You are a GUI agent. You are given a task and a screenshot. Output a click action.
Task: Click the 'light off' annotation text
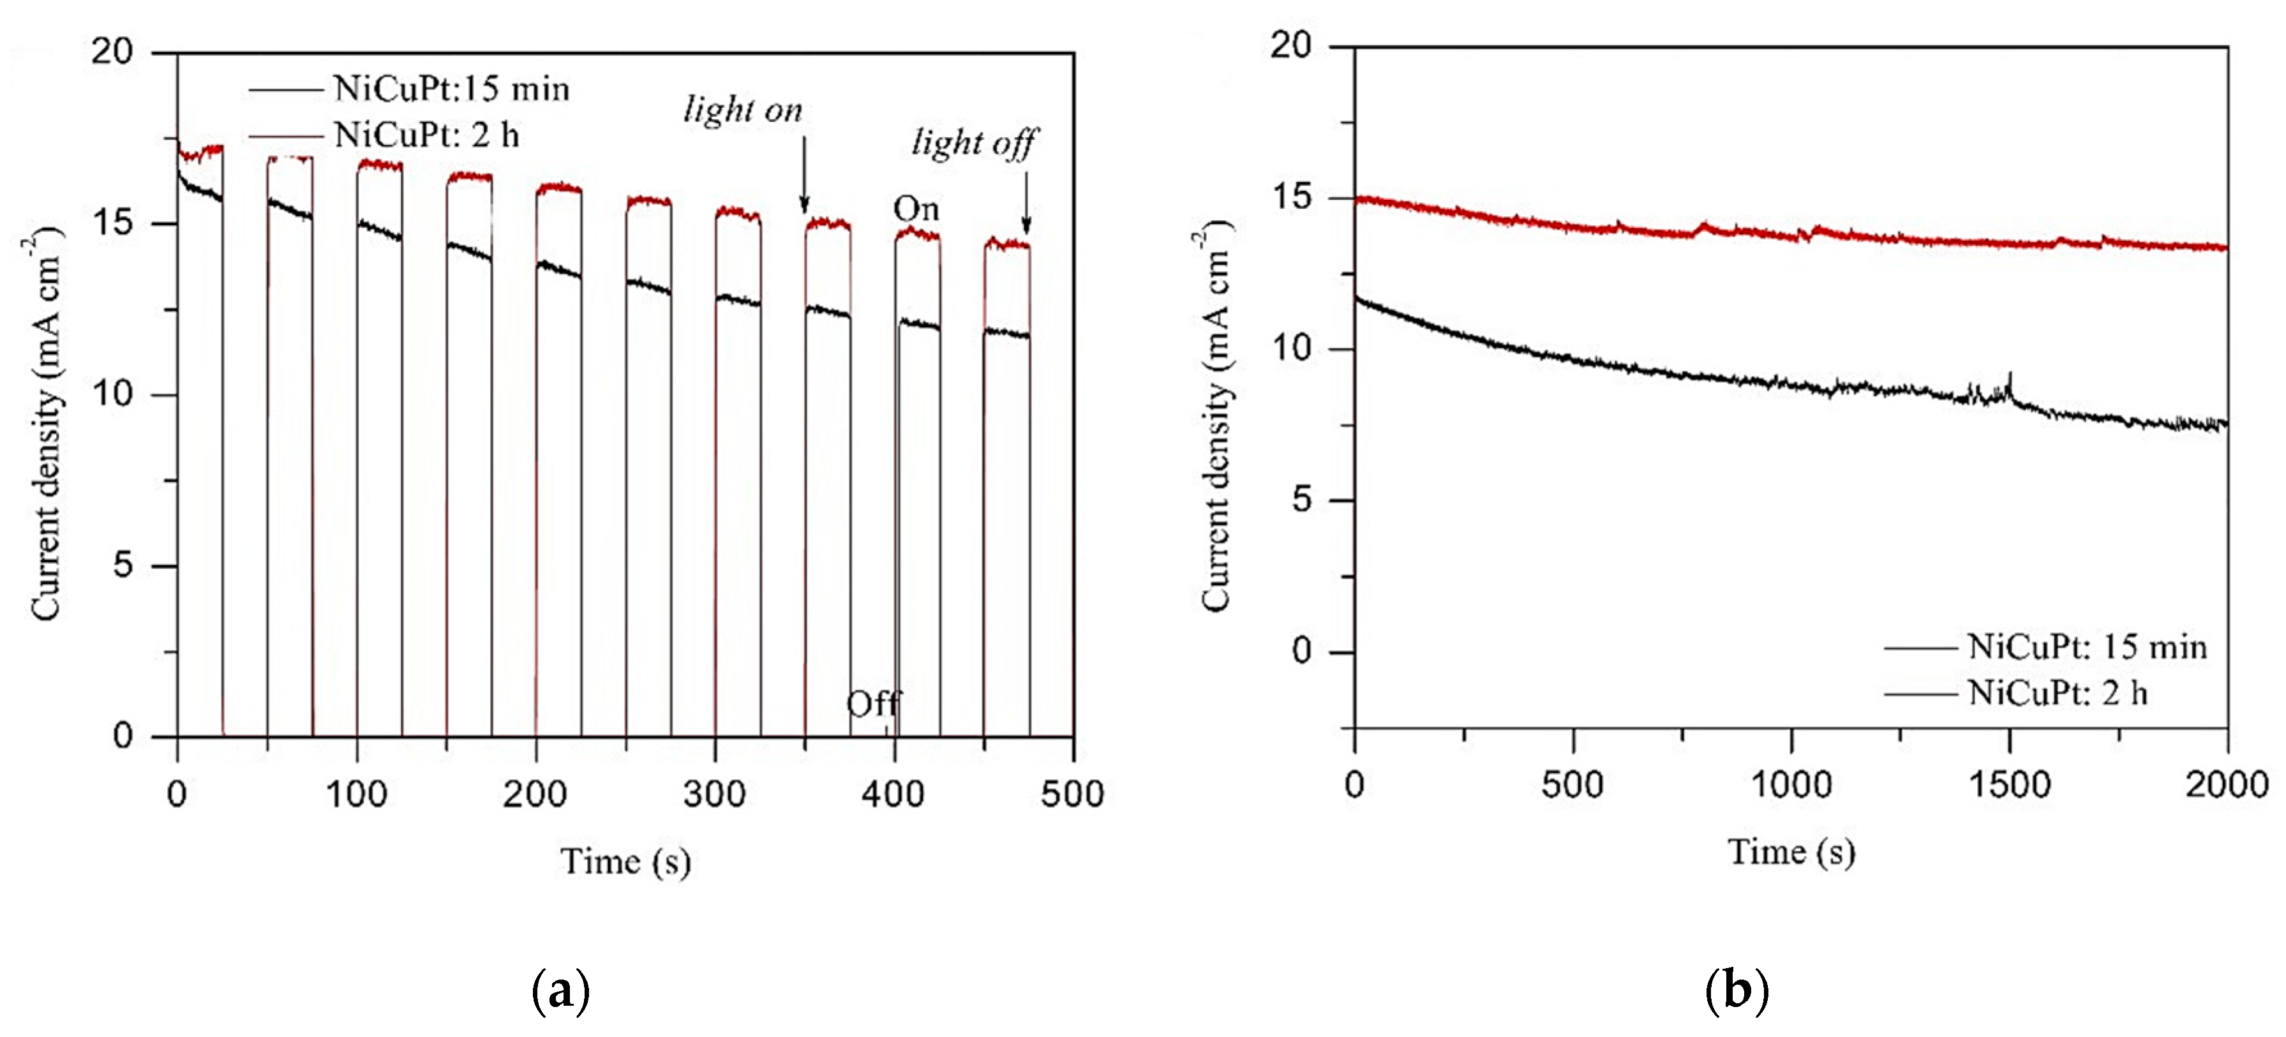point(973,144)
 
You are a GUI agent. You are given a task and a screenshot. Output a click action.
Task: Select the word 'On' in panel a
point(916,209)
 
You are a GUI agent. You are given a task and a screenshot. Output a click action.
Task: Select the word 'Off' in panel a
point(873,705)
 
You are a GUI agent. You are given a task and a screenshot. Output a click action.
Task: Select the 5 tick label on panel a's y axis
point(123,565)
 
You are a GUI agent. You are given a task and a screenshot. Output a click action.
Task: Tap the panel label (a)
point(560,992)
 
